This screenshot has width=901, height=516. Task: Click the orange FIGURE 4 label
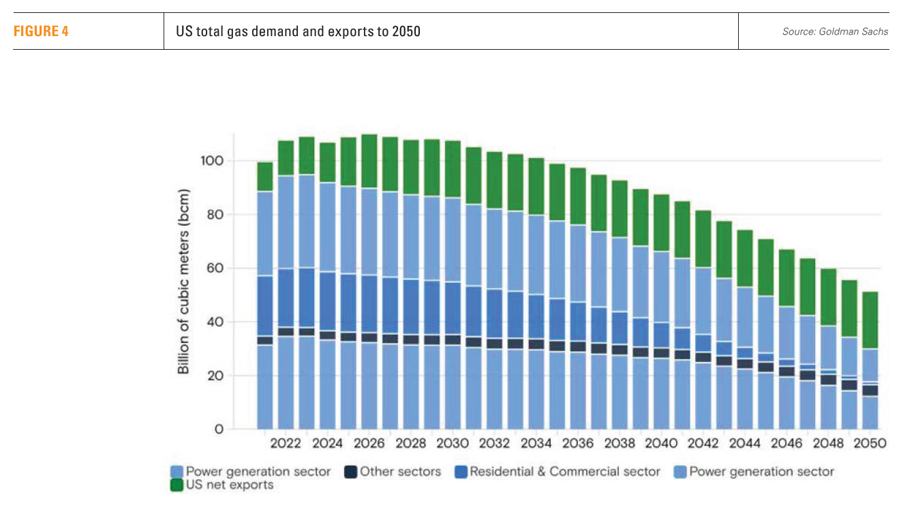tap(41, 31)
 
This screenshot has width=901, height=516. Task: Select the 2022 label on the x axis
tap(286, 444)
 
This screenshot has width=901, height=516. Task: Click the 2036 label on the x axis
tap(578, 444)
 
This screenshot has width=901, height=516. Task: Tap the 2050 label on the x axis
tap(870, 444)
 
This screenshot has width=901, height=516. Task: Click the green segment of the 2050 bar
tap(870, 320)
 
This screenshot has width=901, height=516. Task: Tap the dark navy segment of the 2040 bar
tap(661, 353)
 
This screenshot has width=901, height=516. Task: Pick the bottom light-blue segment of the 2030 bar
tap(453, 387)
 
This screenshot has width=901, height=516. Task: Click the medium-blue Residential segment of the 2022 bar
tap(286, 298)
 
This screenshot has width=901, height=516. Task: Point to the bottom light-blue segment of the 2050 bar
tap(870, 413)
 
